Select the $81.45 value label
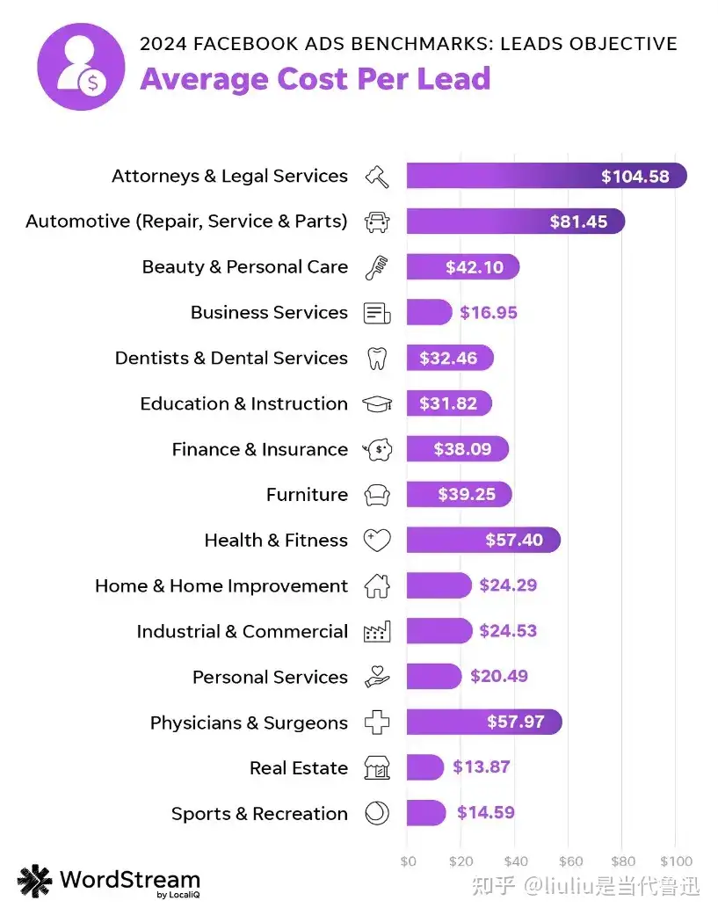[x=578, y=221]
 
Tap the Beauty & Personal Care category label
[x=244, y=267]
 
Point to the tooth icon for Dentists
[x=376, y=359]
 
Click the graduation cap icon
[x=377, y=404]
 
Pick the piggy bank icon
[x=378, y=450]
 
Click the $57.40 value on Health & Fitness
[x=514, y=541]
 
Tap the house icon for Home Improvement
[x=377, y=586]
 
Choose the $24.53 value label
[x=508, y=631]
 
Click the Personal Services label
[x=270, y=678]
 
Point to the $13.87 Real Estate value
[x=481, y=767]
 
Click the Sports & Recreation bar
[x=425, y=813]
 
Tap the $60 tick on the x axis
[x=570, y=861]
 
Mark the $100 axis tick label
[x=675, y=861]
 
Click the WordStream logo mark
[x=35, y=881]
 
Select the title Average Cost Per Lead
[x=315, y=79]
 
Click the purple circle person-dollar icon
[x=80, y=68]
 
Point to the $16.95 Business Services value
[x=489, y=313]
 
